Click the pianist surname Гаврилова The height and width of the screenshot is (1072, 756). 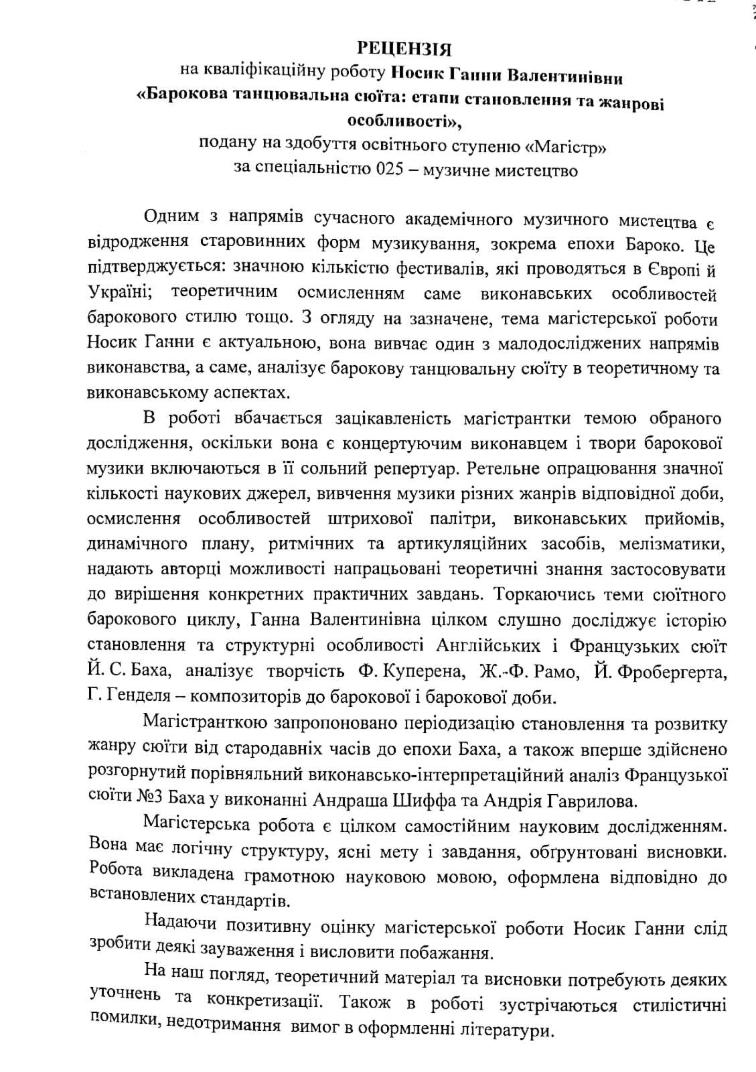579,799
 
